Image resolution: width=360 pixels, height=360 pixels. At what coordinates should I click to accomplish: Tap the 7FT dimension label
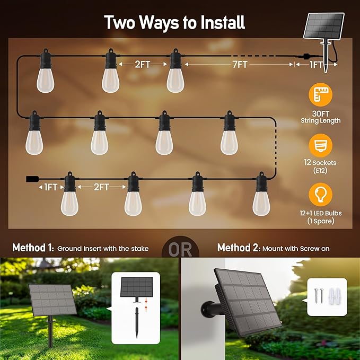click(x=240, y=65)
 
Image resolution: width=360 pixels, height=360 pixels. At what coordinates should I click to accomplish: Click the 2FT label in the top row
click(x=142, y=65)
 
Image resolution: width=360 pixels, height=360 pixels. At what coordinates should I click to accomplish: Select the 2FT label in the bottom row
click(x=101, y=187)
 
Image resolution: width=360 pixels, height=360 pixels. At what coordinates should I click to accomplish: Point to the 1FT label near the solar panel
click(x=317, y=65)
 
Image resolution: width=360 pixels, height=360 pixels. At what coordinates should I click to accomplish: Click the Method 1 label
click(x=32, y=248)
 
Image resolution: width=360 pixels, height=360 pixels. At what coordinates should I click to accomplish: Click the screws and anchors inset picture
click(x=327, y=297)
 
